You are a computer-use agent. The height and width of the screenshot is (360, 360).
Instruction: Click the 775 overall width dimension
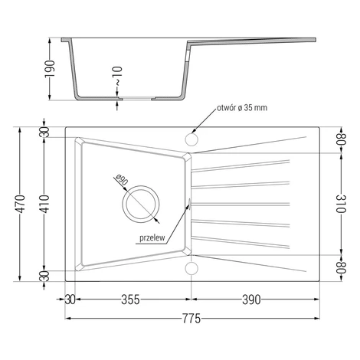pos(191,319)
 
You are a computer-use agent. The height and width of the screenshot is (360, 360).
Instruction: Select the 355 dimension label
pos(130,299)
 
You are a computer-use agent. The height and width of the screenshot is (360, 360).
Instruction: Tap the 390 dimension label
pos(251,299)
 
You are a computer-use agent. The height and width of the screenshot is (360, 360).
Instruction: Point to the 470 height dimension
pos(20,204)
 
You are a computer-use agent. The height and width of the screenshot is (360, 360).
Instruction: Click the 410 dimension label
pos(44,204)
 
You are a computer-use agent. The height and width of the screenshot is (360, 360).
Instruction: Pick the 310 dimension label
pos(341,204)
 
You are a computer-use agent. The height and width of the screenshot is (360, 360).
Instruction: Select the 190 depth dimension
pos(50,69)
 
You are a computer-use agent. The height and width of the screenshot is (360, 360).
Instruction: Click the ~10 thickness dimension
pos(118,76)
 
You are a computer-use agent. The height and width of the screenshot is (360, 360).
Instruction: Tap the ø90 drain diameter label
pos(122,180)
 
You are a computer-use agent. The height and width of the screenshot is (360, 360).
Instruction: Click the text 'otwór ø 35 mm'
pos(242,108)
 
